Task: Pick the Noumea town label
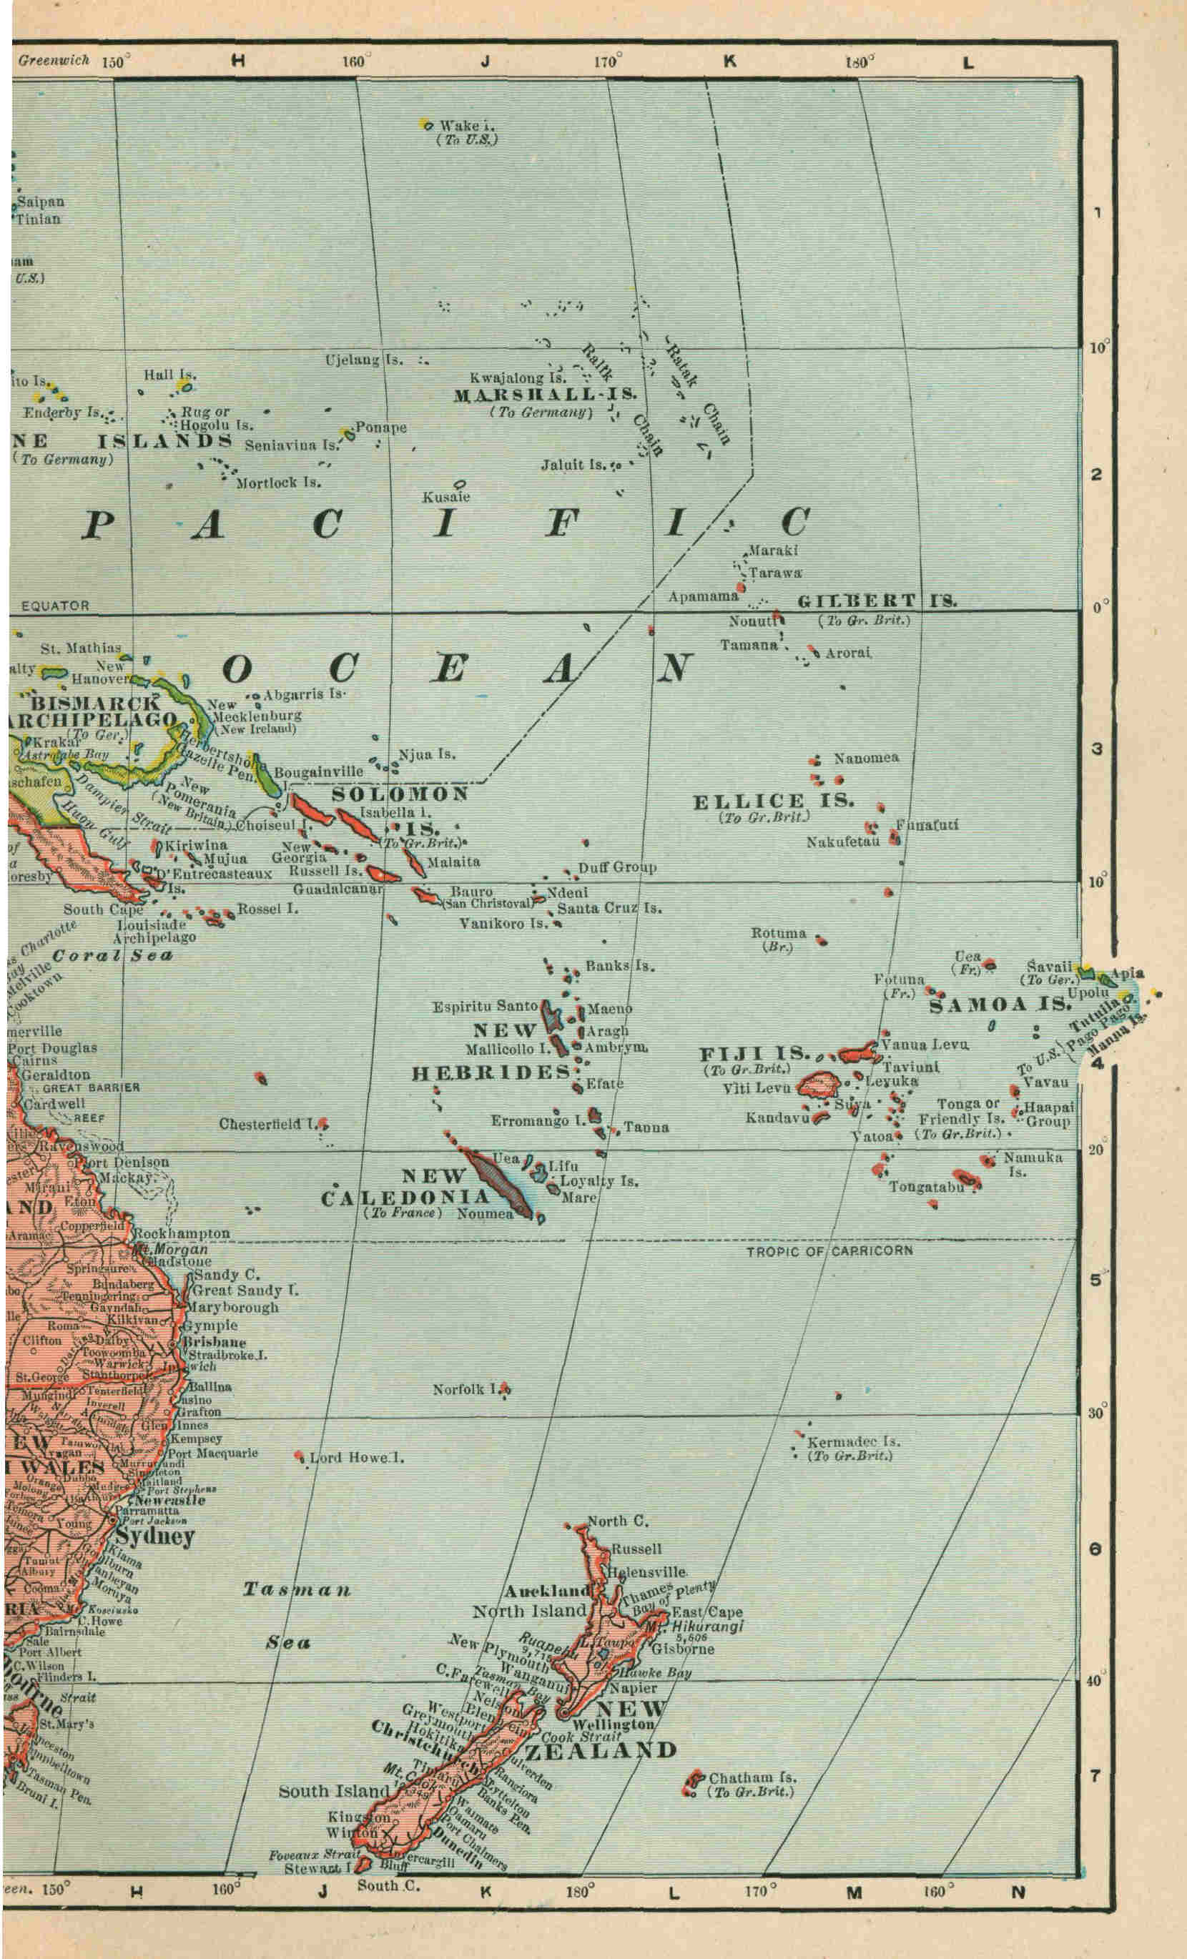pyautogui.click(x=484, y=1214)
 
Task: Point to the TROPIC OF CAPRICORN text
pyautogui.click(x=829, y=1250)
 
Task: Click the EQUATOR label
pyautogui.click(x=55, y=606)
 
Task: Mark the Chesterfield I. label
pyautogui.click(x=269, y=1124)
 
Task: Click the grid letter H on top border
pyautogui.click(x=237, y=61)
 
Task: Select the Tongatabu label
pyautogui.click(x=926, y=1187)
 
